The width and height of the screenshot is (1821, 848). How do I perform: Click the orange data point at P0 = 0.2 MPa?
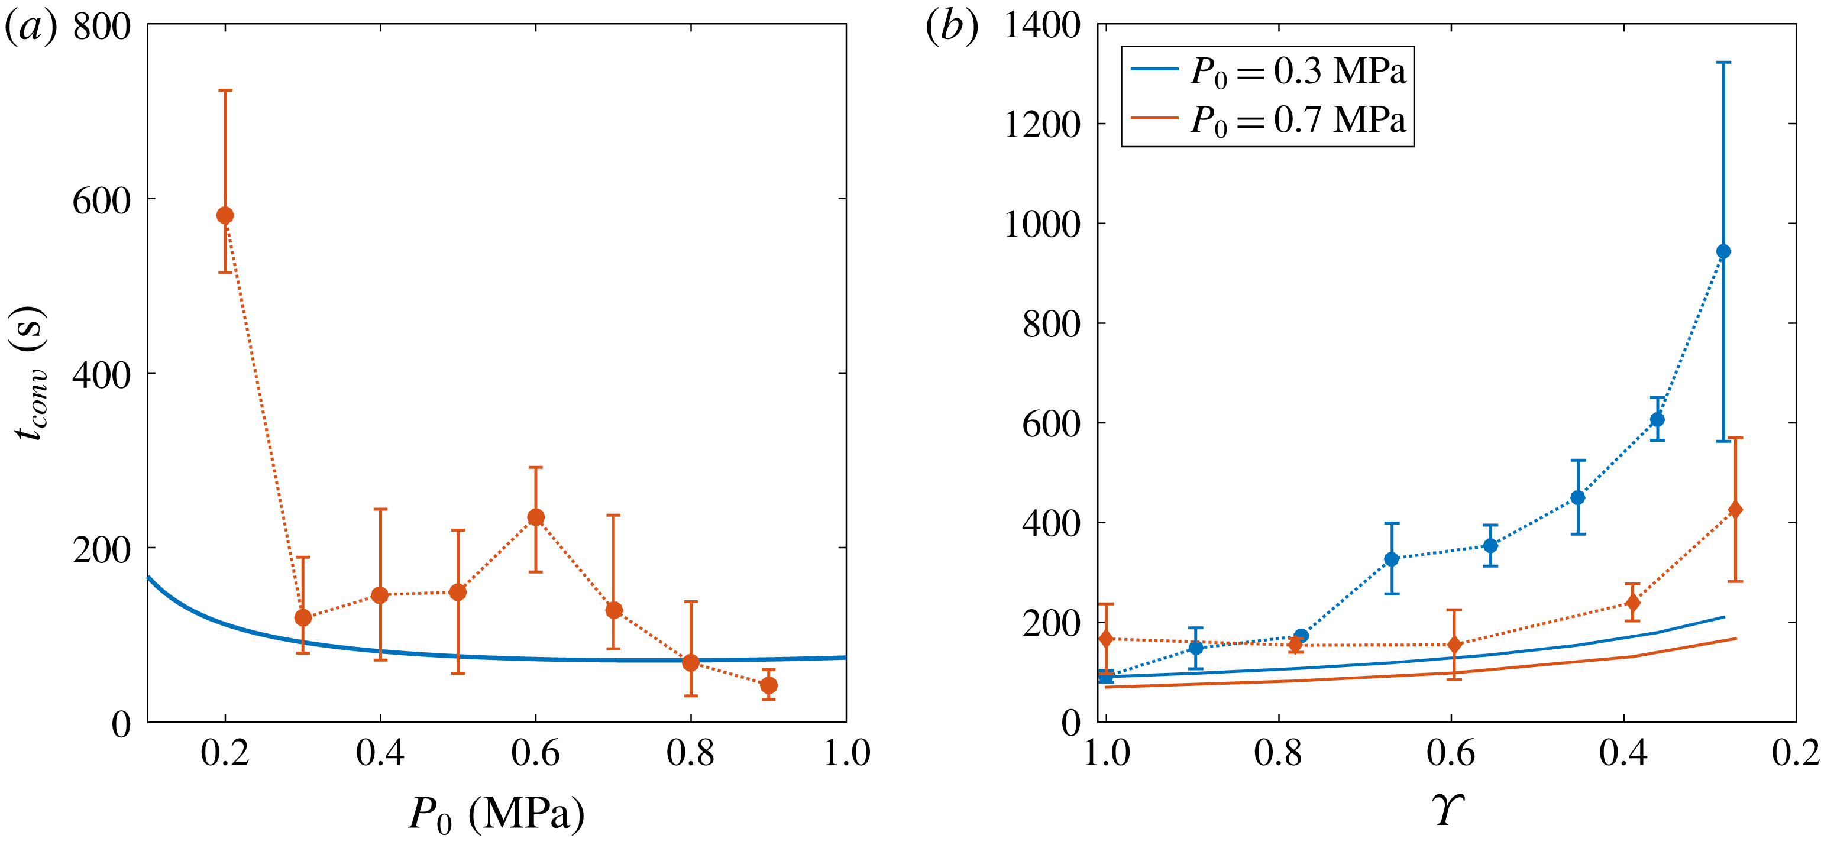pos(225,215)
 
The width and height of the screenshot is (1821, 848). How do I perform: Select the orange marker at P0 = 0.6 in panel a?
pos(536,517)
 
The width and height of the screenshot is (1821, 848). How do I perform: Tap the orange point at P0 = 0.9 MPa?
pos(768,685)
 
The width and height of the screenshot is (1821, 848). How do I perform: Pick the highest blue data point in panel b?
pos(1723,251)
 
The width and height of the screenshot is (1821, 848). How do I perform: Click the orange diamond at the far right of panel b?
pos(1735,510)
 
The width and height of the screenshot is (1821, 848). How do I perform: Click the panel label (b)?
pos(952,28)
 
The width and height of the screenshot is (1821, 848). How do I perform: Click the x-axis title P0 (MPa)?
pos(497,814)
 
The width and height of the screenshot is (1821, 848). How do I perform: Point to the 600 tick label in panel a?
pos(102,202)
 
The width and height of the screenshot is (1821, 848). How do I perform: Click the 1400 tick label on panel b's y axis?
pos(1042,27)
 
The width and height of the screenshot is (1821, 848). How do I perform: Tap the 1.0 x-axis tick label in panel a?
pos(846,753)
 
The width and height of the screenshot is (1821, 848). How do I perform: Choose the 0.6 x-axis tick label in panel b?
pos(1451,753)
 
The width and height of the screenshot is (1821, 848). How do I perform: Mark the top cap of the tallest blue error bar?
pos(1723,63)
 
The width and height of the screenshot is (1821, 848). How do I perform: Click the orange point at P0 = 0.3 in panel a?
pos(303,617)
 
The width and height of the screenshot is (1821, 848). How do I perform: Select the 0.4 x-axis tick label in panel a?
pos(380,753)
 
